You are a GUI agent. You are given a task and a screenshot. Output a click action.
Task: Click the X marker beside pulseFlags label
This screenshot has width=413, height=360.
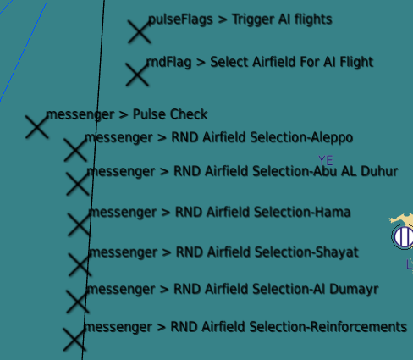140,31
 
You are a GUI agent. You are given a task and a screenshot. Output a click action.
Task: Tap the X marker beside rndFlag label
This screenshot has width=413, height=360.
137,75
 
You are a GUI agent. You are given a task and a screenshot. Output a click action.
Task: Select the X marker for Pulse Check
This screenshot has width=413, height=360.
37,127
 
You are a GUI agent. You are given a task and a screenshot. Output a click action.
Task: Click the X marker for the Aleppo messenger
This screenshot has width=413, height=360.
75,150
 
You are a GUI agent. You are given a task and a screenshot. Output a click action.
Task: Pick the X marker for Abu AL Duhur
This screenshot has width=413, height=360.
78,184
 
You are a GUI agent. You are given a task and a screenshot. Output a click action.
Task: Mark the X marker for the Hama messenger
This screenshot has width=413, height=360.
80,224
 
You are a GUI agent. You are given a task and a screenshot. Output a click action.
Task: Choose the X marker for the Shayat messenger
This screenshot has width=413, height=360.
80,264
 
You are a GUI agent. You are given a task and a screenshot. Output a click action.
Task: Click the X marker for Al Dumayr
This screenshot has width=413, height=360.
78,302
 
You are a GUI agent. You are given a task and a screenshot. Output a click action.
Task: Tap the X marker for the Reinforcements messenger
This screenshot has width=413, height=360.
74,340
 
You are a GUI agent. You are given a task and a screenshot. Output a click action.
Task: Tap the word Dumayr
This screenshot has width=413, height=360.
354,290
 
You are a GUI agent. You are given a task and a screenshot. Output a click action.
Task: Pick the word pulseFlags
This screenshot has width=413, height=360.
180,19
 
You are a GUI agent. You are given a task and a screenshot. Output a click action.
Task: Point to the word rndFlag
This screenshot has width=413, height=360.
168,62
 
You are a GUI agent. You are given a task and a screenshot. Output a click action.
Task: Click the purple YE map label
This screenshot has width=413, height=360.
326,161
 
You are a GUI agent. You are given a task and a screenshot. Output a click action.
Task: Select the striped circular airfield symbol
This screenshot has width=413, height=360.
403,236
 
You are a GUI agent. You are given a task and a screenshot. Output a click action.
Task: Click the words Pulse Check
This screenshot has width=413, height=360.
170,114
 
